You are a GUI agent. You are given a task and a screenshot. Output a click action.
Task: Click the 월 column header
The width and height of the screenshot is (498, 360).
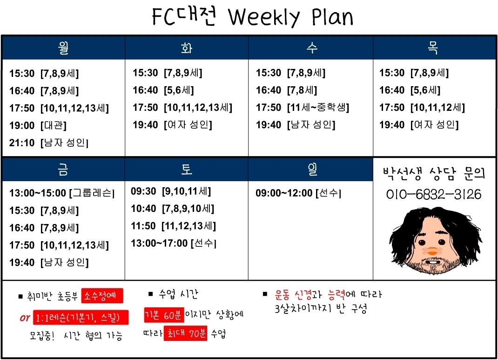coord(63,48)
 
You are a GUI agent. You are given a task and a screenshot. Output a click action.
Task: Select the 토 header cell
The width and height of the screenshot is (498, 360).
coord(187,169)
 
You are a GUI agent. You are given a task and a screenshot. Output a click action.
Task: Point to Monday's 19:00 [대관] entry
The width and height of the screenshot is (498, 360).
coord(38,125)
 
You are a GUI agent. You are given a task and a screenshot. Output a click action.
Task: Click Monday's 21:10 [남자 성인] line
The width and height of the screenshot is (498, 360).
coord(49,143)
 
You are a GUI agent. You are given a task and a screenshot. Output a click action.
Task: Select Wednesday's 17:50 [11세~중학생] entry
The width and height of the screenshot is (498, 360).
coord(303,108)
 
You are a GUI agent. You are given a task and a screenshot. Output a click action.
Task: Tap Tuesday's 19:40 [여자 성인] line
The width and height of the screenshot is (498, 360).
coord(173,125)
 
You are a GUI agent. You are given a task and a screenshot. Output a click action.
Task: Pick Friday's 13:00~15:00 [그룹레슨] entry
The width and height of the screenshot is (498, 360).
coord(62,193)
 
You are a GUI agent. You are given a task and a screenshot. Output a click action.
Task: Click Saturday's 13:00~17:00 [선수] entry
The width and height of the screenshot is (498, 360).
coord(174,244)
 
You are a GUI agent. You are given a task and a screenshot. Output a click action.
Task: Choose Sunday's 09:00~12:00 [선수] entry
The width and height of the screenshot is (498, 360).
coord(298,193)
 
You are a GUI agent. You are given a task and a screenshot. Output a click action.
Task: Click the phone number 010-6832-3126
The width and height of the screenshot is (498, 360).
coord(434,194)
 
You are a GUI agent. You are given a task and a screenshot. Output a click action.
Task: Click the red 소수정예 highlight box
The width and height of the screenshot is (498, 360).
coord(102,296)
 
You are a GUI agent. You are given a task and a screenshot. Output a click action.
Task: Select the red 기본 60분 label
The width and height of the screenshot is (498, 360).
coord(163,315)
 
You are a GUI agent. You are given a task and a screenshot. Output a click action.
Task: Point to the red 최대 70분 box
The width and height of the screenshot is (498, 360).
coord(186,333)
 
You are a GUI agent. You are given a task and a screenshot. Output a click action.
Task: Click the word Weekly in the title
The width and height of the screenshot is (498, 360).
coord(264,17)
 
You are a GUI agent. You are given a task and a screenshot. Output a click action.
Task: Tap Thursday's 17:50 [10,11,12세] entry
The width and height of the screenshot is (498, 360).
coord(422,108)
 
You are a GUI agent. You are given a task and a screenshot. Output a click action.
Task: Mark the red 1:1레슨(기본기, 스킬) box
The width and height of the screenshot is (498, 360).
coord(81,318)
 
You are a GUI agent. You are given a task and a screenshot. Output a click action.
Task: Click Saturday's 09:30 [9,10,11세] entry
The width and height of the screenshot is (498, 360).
coord(171,191)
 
